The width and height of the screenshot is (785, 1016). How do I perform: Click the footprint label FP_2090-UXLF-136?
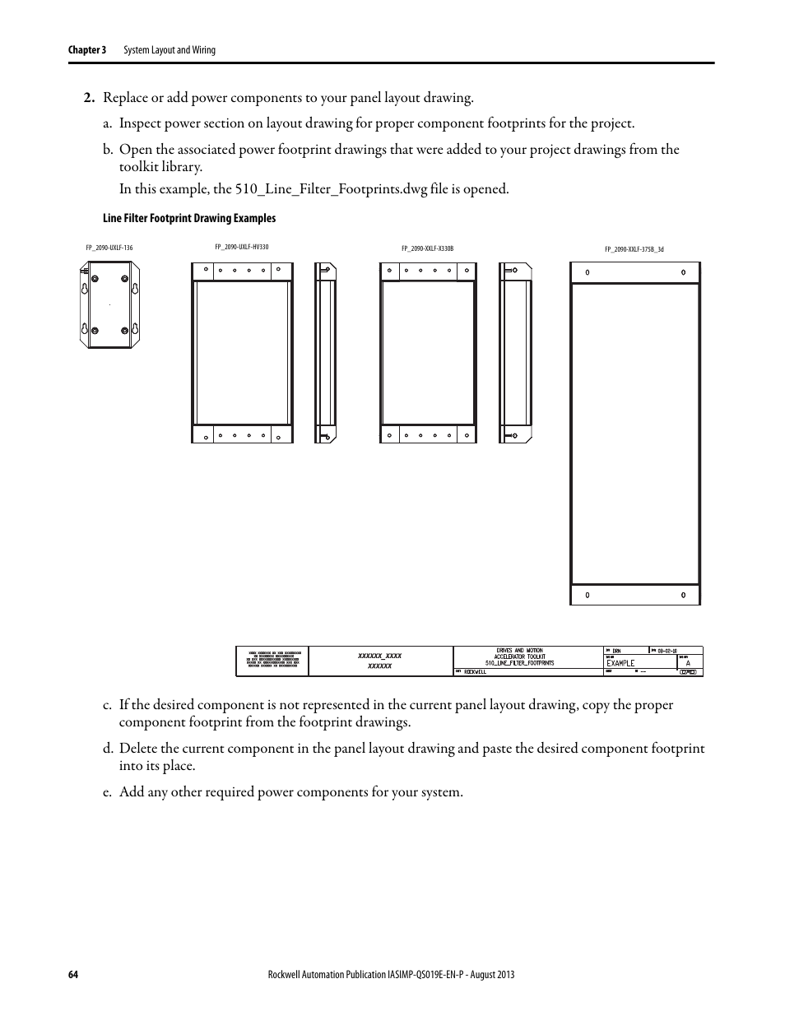click(x=109, y=248)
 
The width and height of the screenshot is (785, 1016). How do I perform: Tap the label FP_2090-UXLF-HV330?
click(x=241, y=247)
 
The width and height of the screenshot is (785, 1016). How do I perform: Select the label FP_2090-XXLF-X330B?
click(x=427, y=248)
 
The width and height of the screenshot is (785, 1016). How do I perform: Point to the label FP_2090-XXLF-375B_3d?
click(x=634, y=248)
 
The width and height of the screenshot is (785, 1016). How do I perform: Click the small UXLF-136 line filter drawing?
click(x=109, y=306)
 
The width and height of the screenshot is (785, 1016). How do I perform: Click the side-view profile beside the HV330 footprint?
click(x=325, y=353)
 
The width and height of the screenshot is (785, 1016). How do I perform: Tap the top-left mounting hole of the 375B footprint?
click(x=587, y=272)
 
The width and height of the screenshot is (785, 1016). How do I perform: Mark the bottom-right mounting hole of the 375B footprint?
click(x=683, y=595)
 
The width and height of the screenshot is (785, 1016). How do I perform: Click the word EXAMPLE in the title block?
click(x=621, y=662)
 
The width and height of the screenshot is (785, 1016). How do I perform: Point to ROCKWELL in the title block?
click(x=475, y=672)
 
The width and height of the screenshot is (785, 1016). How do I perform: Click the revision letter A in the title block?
click(x=688, y=662)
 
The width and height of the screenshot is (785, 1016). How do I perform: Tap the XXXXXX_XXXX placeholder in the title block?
click(x=379, y=656)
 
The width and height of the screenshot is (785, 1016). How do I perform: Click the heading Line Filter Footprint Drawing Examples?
click(x=189, y=218)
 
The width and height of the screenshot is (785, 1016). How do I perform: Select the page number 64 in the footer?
click(x=72, y=974)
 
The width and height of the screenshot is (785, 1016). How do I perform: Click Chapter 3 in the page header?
click(x=86, y=50)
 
